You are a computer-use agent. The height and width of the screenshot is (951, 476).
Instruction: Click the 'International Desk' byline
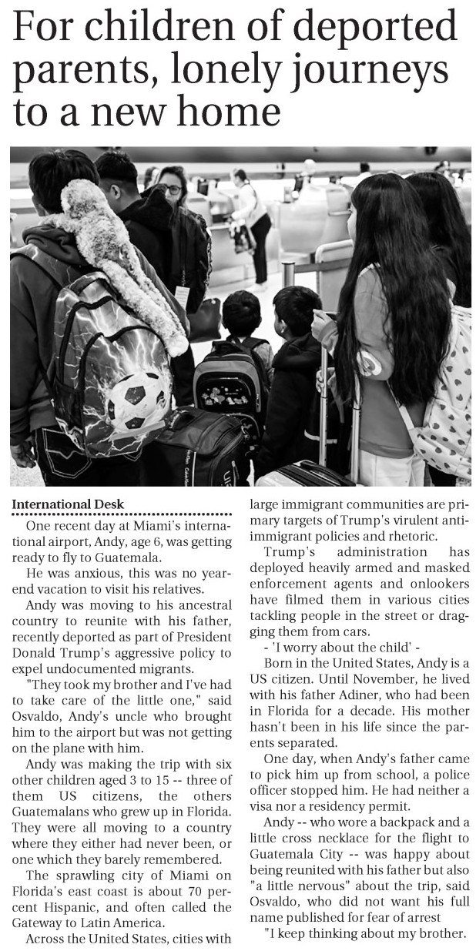[x=68, y=504]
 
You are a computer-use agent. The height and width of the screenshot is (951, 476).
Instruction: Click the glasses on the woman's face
[x=173, y=189]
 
